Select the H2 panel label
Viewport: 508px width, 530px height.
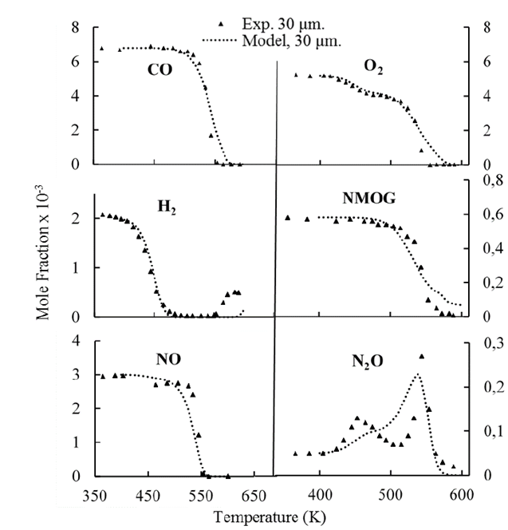pos(166,209)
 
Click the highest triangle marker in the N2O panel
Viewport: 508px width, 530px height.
pos(422,356)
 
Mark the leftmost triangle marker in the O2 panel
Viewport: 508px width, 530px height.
pos(296,75)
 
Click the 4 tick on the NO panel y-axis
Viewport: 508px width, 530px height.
pos(77,341)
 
